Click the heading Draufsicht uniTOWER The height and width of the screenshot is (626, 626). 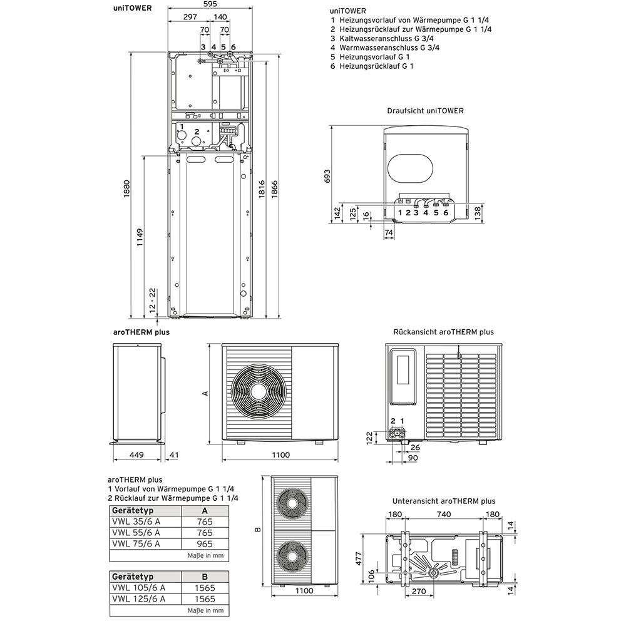pos(425,111)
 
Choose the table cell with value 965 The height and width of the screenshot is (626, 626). pos(205,544)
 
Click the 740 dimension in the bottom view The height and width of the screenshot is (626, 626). pos(444,515)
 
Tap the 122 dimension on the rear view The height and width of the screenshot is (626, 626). pos(369,437)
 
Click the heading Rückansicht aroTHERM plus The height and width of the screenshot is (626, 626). pos(443,332)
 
